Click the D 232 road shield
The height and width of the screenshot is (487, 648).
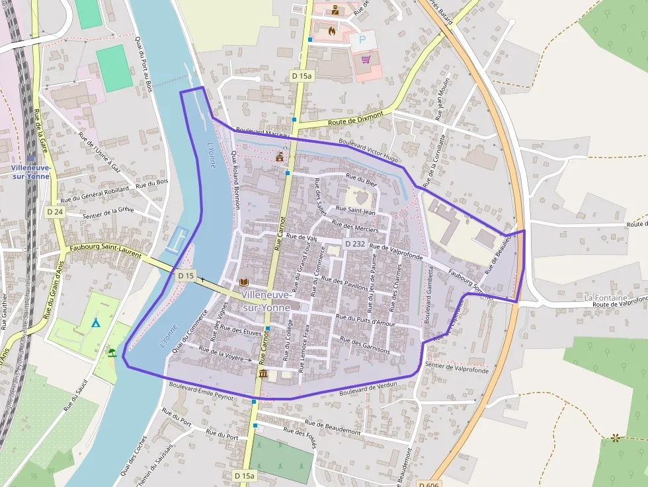coord(354,244)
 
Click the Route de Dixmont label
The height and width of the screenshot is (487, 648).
coord(356,119)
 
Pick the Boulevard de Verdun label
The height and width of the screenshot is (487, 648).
coord(368,389)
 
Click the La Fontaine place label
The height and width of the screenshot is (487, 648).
coord(605,298)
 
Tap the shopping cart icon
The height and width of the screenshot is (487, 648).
coord(366,59)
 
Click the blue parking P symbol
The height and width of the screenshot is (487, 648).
coord(362,40)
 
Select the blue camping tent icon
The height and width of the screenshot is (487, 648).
coord(95,322)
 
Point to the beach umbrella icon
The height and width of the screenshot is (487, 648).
coord(112,352)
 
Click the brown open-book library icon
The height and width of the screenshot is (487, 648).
coord(244,282)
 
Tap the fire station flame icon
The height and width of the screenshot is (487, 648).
coord(332,30)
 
